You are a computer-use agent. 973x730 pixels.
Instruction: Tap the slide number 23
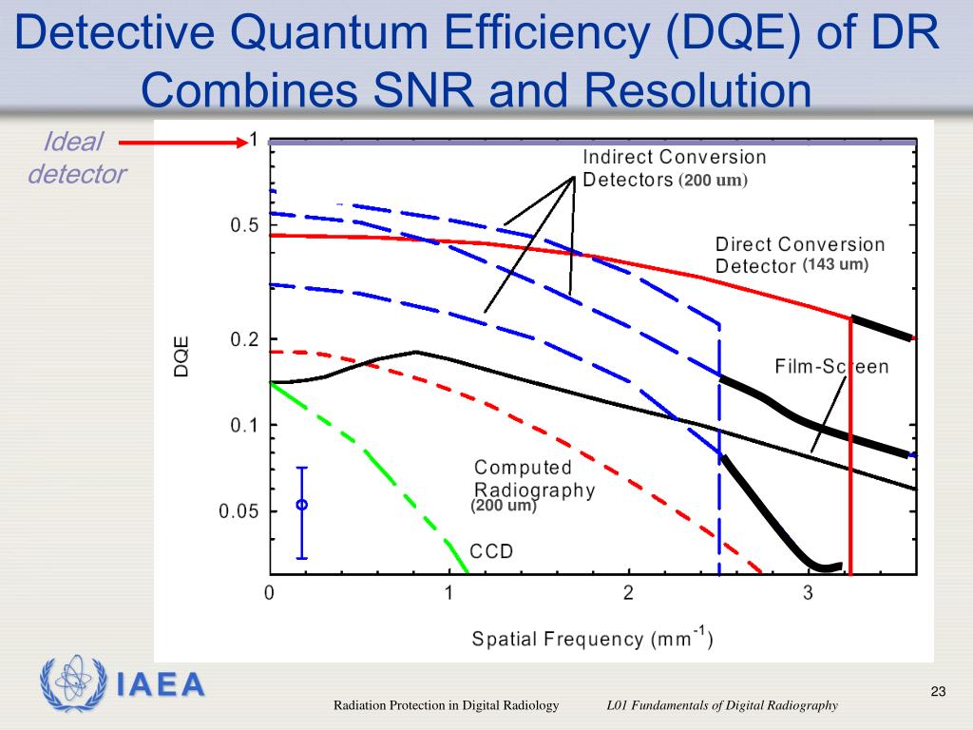coord(938,691)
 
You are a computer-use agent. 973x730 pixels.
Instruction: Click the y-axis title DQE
coord(181,356)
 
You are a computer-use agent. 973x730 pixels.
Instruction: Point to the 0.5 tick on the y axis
coord(246,226)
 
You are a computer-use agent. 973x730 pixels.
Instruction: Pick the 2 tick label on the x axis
coord(628,594)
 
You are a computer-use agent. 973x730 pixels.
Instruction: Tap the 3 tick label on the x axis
coord(808,594)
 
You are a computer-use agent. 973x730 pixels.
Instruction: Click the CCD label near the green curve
coord(491,551)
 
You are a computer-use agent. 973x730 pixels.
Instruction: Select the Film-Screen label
coord(831,367)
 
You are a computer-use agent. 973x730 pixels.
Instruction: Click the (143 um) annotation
coord(835,264)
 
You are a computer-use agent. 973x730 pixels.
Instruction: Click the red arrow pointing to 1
coord(181,143)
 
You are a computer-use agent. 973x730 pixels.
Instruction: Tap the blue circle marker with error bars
coord(301,505)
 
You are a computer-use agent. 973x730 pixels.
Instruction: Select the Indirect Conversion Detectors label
coord(673,167)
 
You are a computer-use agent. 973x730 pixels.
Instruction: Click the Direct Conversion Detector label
coord(798,255)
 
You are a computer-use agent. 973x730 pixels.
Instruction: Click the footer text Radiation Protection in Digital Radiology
coord(445,705)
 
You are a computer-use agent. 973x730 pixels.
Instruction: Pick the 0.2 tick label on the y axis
coord(246,339)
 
